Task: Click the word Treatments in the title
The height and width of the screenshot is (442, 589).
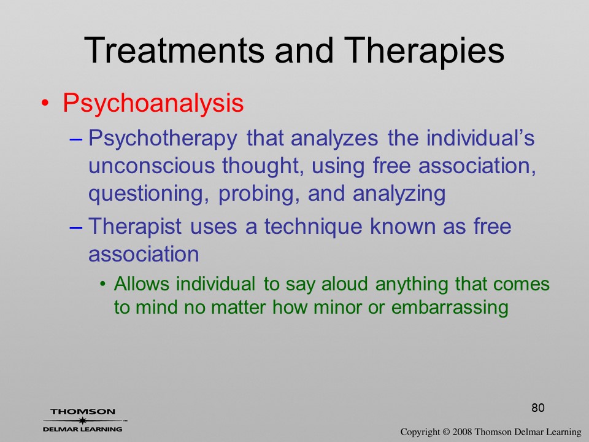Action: [174, 50]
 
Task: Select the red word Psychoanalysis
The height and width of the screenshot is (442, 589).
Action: [153, 103]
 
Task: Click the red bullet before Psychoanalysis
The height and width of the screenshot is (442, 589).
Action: [45, 103]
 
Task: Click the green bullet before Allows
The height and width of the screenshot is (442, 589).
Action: [103, 284]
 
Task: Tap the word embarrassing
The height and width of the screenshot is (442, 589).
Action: [450, 308]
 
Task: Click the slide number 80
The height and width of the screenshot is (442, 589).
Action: [538, 408]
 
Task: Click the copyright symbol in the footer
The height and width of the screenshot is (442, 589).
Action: [446, 432]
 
